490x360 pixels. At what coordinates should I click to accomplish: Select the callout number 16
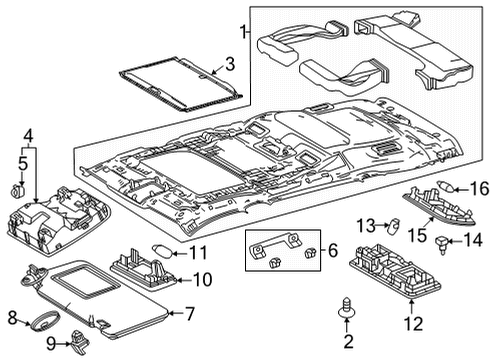point(479,187)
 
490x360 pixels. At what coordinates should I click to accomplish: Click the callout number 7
point(188,314)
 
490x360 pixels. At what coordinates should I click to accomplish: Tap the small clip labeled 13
point(394,224)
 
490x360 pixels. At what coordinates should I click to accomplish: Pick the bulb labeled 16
point(446,188)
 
